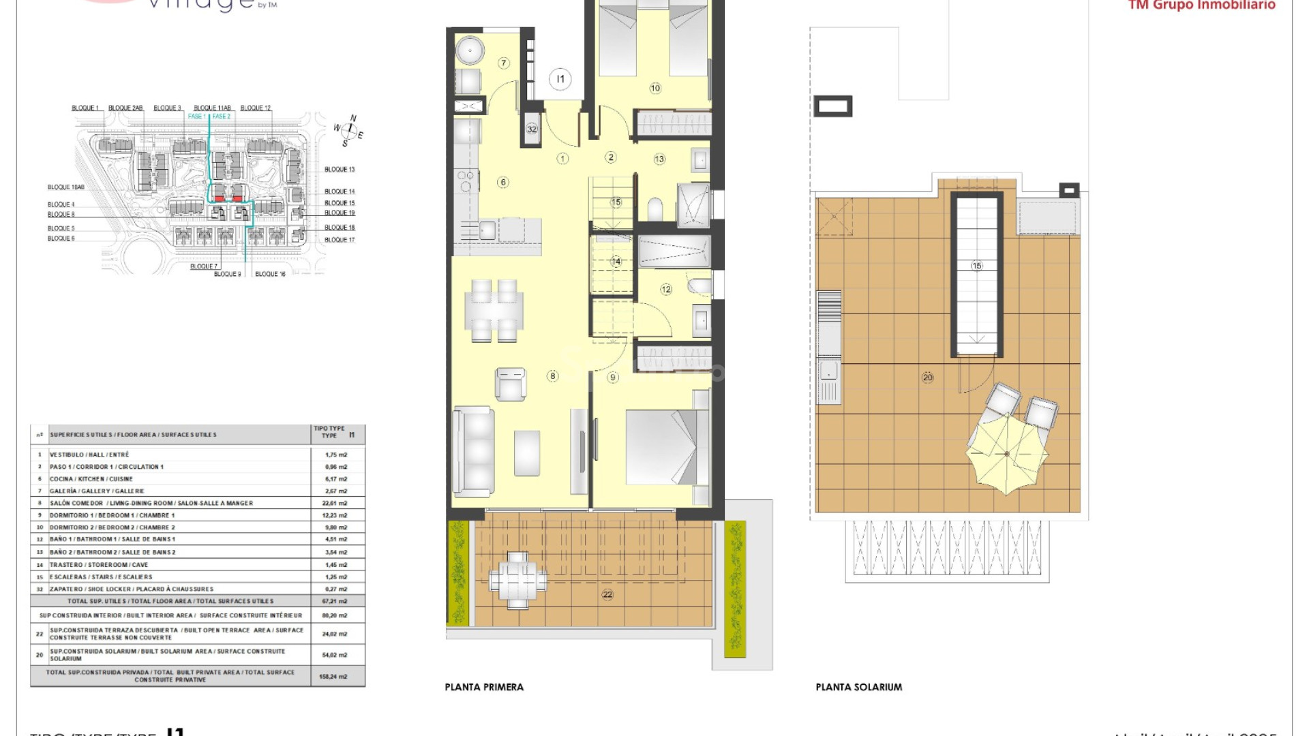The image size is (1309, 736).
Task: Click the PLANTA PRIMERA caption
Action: coord(484,687)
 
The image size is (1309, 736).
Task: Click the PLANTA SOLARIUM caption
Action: coord(858,687)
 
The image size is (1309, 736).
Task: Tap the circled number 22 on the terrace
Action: coord(607,594)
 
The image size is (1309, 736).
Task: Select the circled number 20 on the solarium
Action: coord(927,377)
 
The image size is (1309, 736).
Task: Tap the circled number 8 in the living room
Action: coord(552,375)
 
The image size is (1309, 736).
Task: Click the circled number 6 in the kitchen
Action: coord(502,182)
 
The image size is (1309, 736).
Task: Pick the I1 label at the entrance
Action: coord(560,79)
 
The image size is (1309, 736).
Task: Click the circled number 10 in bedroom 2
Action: coord(655,88)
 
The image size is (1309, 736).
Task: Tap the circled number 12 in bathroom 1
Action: coord(666,289)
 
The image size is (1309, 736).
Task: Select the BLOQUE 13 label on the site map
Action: coord(340,169)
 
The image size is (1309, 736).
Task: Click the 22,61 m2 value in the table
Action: coord(335,503)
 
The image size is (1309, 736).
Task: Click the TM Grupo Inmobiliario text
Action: coord(1201,5)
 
